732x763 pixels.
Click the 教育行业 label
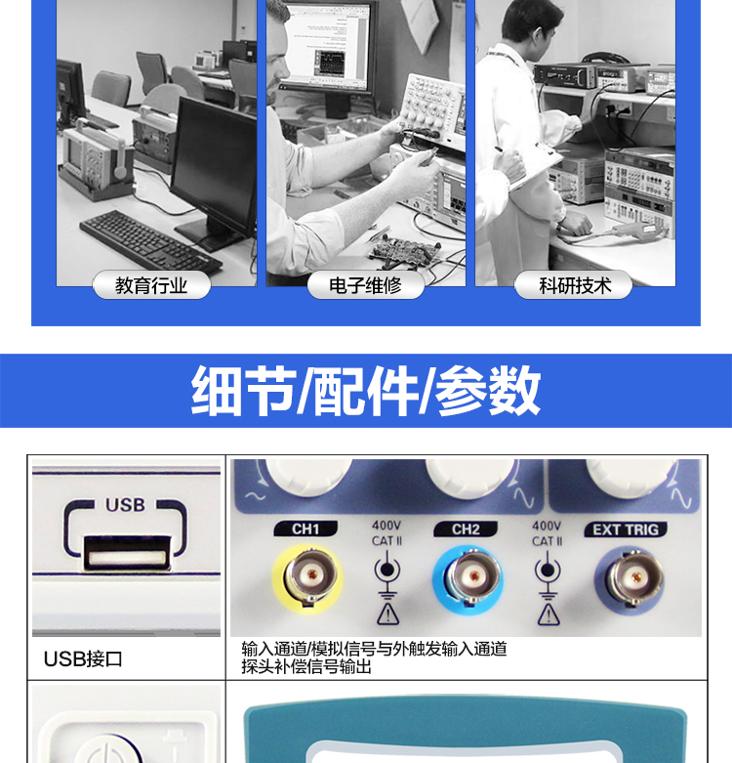pyautogui.click(x=151, y=285)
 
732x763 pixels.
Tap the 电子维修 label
pyautogui.click(x=366, y=285)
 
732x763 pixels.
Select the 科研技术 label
pyautogui.click(x=575, y=285)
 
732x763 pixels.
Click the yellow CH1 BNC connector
pyautogui.click(x=308, y=578)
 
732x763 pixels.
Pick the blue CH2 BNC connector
pyautogui.click(x=468, y=579)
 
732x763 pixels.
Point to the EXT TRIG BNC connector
pyautogui.click(x=630, y=579)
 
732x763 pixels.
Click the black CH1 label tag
pyautogui.click(x=305, y=529)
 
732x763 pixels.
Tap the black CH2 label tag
pyautogui.click(x=466, y=529)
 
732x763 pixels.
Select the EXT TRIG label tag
pyautogui.click(x=626, y=530)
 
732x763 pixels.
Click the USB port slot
pyautogui.click(x=127, y=553)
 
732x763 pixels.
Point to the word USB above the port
pyautogui.click(x=125, y=505)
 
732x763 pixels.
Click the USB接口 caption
pyautogui.click(x=83, y=659)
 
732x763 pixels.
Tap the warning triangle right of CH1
pyautogui.click(x=387, y=615)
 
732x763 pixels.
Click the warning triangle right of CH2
pyautogui.click(x=549, y=615)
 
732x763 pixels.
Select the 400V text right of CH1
pyautogui.click(x=386, y=526)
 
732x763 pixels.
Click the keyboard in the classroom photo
pyautogui.click(x=150, y=242)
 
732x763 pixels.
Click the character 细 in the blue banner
pyautogui.click(x=217, y=391)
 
